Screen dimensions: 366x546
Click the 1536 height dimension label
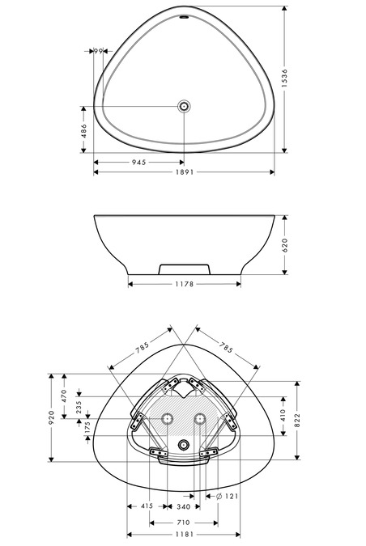285,78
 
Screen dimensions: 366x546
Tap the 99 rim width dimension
98,51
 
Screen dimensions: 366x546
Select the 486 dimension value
84,131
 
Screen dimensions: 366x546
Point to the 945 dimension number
139,163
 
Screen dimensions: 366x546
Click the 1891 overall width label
185,172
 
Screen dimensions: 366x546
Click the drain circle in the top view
184,106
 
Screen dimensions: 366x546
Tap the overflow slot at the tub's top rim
184,17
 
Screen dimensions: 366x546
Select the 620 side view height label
285,245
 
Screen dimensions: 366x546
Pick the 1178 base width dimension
184,284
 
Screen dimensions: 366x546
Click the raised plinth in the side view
185,269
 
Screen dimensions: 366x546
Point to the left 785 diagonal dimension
143,347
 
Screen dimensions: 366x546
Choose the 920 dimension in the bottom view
51,417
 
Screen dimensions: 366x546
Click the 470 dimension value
64,396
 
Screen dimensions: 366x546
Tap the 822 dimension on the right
297,421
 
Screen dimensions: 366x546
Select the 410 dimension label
283,416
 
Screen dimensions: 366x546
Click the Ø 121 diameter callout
227,496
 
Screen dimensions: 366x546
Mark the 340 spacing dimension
183,506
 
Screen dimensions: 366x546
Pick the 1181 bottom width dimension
185,534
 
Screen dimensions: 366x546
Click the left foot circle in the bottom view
168,418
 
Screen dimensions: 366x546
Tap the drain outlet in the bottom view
184,445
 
